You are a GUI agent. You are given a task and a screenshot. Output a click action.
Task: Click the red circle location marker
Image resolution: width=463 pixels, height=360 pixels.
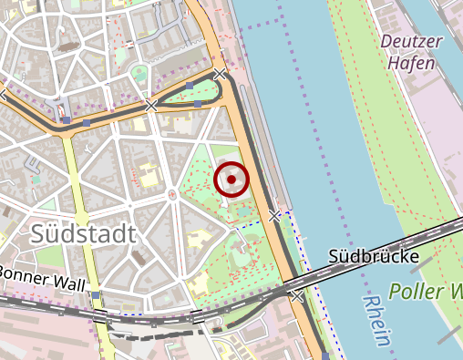[x=231, y=180]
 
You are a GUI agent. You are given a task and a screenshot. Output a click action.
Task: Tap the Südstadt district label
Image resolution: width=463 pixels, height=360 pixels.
[x=83, y=233]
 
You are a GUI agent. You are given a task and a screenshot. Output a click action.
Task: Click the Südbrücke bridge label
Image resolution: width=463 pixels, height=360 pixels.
[x=374, y=258]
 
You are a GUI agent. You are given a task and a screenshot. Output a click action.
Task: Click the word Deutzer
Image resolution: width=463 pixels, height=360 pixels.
[x=410, y=41]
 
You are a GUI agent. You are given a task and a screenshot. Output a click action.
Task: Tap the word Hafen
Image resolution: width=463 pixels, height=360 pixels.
[x=410, y=63]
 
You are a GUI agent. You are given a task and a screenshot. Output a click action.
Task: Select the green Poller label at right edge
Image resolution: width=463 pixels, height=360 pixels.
[x=424, y=293]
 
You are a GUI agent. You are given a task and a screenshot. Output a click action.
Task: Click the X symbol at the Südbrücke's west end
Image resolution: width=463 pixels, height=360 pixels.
[x=296, y=296]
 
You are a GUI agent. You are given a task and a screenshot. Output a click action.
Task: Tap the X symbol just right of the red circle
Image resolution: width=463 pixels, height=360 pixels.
[x=275, y=216]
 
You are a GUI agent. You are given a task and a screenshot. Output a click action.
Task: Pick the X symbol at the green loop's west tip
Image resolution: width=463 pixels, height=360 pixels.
[x=151, y=107]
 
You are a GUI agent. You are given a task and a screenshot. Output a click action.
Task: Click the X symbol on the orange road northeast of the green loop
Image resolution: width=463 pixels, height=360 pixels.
[x=220, y=75]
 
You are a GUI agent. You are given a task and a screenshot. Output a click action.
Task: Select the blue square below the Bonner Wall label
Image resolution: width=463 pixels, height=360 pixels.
[x=95, y=295]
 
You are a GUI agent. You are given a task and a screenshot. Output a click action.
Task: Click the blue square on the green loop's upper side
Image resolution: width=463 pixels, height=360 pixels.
[x=189, y=87]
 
